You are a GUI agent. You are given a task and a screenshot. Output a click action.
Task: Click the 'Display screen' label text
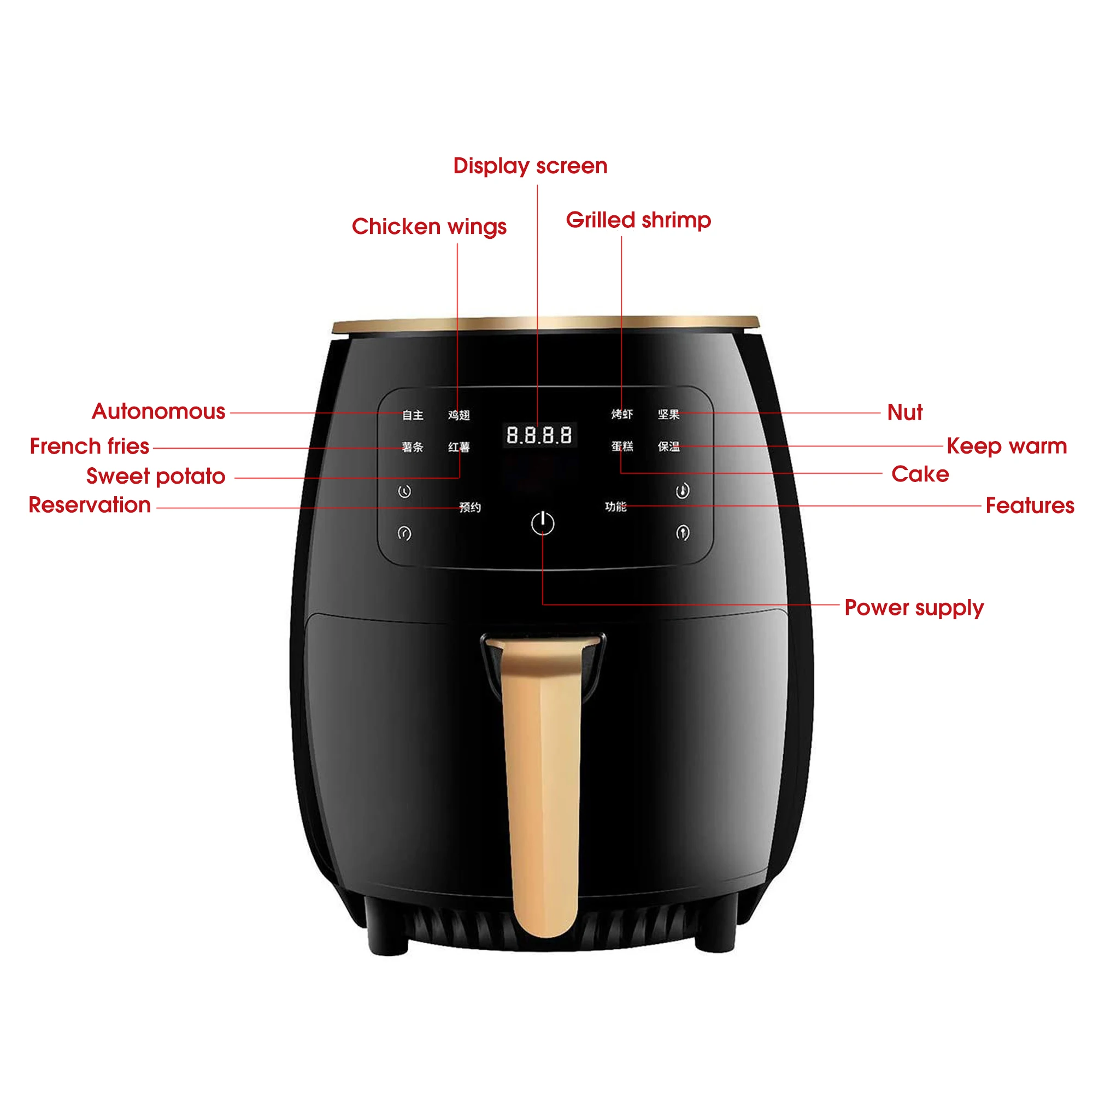(530, 166)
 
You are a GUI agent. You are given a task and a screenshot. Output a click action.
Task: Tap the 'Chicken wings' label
(429, 226)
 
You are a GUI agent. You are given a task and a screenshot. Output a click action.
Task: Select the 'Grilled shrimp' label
(638, 220)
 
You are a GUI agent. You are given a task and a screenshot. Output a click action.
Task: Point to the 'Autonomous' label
(158, 412)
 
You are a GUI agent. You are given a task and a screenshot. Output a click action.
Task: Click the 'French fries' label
(90, 446)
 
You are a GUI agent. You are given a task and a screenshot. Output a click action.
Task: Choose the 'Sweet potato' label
(156, 477)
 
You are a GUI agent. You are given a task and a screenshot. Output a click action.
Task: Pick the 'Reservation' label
(90, 505)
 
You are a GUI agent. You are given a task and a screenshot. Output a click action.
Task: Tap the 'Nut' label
(904, 413)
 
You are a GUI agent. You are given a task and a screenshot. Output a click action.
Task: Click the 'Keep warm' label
(1007, 446)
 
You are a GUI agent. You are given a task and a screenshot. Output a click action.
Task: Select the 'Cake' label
(920, 474)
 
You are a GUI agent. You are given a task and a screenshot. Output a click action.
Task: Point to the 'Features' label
(1030, 505)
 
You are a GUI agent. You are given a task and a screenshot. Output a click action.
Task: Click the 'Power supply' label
(914, 608)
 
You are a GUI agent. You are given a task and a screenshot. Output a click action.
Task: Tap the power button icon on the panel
(543, 524)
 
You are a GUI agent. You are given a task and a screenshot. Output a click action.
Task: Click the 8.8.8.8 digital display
(539, 435)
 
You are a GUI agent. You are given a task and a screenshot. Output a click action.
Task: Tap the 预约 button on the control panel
(469, 508)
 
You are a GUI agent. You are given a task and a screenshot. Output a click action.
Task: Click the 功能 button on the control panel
(615, 507)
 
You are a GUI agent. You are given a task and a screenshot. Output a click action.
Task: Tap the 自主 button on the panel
(413, 415)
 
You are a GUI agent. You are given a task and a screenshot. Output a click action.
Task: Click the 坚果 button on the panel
(668, 415)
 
